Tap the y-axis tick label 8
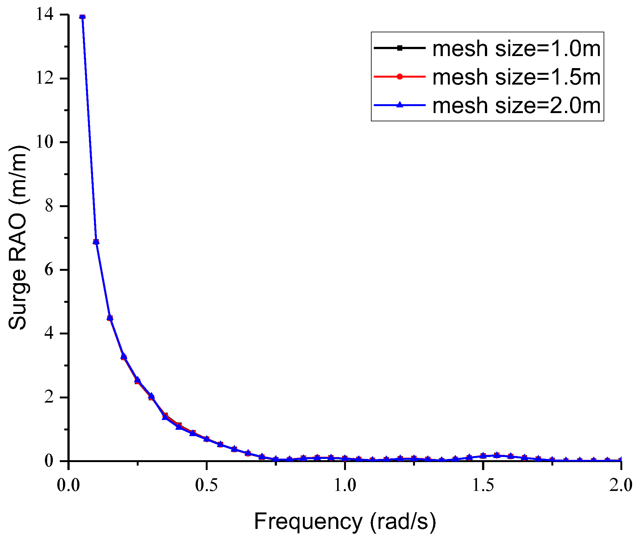49,206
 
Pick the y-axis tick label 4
49,334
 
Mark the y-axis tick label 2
49,397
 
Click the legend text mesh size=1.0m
516,49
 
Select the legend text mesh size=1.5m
516,77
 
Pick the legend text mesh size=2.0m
516,105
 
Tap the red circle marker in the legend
400,77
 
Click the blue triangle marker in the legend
400,105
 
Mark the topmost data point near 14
83,16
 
